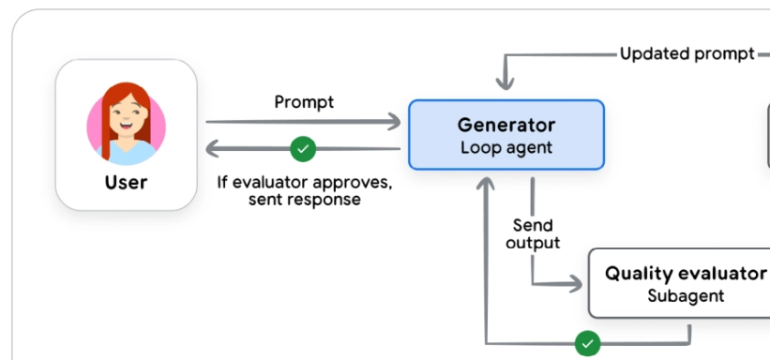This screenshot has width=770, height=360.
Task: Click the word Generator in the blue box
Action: coord(506,126)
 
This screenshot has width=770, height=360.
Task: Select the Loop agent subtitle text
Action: coord(506,147)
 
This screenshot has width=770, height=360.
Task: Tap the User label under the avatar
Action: coord(127,182)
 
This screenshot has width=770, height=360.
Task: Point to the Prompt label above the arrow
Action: coord(304,102)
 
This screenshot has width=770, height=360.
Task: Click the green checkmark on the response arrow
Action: coord(303,148)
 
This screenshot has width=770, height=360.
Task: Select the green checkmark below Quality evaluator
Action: coord(587,343)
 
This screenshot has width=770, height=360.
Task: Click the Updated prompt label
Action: coord(687,53)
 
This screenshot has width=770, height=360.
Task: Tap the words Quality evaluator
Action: coord(686,274)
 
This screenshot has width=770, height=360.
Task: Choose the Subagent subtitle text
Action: coord(686,295)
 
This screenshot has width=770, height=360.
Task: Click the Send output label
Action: coord(533,233)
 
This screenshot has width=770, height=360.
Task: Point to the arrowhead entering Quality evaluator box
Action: coord(575,284)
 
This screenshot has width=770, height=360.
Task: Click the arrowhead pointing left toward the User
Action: coord(213,148)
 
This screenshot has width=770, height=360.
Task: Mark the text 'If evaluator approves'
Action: coord(305,183)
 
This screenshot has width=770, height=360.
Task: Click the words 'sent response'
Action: coord(305,200)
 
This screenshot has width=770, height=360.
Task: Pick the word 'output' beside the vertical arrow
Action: coord(533,243)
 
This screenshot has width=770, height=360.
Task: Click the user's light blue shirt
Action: coord(127,154)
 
